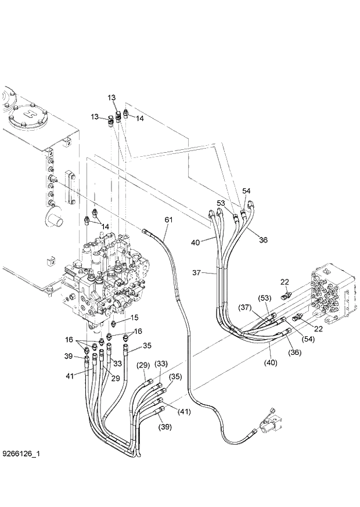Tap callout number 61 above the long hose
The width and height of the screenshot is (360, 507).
(168, 220)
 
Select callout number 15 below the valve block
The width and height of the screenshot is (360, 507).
(134, 318)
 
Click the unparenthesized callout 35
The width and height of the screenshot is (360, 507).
(147, 346)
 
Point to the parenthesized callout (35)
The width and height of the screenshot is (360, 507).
(175, 376)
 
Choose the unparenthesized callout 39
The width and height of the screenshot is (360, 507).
(68, 356)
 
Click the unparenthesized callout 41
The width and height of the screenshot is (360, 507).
(70, 376)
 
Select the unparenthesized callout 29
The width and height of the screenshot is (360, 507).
(116, 378)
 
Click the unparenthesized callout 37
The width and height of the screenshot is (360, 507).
(197, 272)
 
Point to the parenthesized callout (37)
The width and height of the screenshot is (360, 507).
(244, 307)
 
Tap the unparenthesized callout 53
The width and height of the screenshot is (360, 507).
(221, 203)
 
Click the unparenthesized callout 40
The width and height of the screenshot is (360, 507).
(196, 242)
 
